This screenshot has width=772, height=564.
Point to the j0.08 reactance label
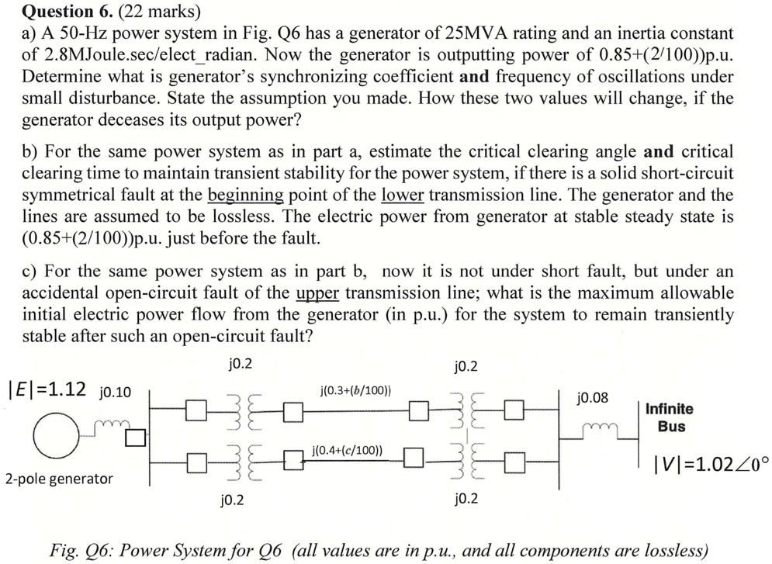coord(593,398)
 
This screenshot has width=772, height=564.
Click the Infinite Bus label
coord(671,417)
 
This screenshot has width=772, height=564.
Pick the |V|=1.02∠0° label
coord(711,465)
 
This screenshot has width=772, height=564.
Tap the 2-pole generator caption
coord(58,479)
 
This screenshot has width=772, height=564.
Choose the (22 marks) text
coord(159,12)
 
